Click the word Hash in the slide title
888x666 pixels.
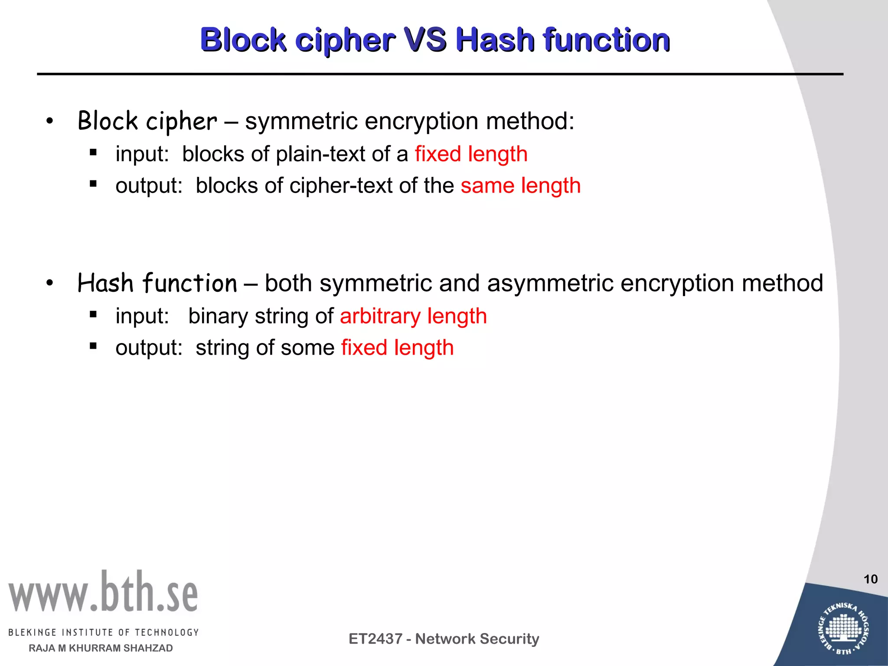(495, 40)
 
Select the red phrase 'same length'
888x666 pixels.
(520, 186)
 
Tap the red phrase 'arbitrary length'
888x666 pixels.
(413, 316)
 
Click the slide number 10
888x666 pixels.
(870, 579)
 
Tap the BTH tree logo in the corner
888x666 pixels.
(843, 627)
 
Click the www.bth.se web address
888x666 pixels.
(103, 592)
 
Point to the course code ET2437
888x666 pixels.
(375, 639)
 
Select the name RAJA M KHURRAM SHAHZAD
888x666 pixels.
(101, 648)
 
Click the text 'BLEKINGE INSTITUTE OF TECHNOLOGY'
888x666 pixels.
(103, 633)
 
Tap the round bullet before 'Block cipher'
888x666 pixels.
(50, 121)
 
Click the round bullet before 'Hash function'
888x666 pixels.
(50, 284)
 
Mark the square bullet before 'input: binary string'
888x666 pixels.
(93, 315)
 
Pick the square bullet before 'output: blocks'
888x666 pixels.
(93, 184)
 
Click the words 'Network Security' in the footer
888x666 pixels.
(477, 639)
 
